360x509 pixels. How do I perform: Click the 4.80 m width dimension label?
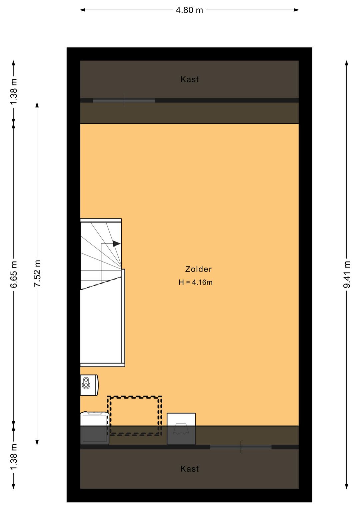[x=189, y=10]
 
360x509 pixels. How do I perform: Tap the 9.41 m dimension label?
[x=347, y=274]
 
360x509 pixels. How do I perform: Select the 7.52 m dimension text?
[x=37, y=273]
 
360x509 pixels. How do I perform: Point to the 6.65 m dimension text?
[x=14, y=274]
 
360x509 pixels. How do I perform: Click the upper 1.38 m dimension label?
[x=14, y=91]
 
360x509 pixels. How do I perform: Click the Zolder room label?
[x=198, y=269]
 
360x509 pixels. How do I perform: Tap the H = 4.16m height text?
[x=196, y=282]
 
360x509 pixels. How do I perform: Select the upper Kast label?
[x=189, y=79]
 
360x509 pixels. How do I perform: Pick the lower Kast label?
[x=189, y=469]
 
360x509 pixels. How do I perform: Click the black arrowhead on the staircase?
[x=117, y=243]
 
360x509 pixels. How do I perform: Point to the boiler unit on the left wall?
[x=89, y=385]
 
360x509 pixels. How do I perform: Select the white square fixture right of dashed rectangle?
[x=181, y=429]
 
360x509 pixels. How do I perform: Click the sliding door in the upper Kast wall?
[x=124, y=100]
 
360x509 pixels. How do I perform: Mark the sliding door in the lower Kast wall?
[x=241, y=447]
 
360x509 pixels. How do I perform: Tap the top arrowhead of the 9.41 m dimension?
[x=347, y=63]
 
